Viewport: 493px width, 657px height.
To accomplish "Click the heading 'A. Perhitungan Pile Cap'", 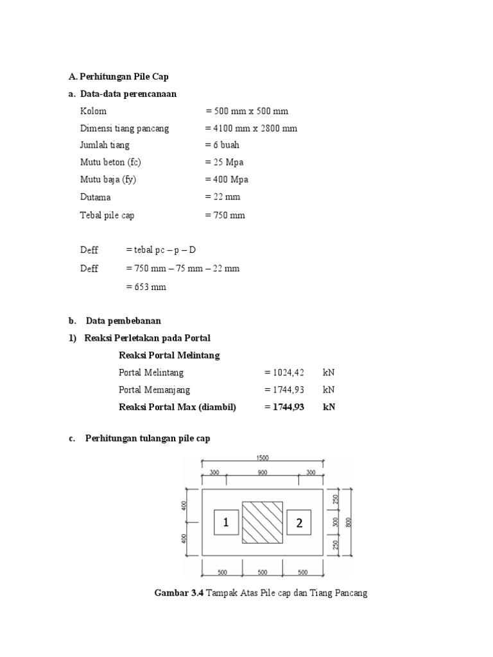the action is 118,76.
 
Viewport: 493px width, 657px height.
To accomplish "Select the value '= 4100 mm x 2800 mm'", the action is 251,128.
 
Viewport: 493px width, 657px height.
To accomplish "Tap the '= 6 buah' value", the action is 222,145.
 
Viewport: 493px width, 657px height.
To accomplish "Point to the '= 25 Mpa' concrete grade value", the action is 224,162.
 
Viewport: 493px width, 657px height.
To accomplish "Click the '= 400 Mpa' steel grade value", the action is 227,180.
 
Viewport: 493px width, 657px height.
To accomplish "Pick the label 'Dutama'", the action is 96,197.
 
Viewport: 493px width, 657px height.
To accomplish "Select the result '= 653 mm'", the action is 146,287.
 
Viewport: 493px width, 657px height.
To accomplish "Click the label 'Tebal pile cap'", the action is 107,216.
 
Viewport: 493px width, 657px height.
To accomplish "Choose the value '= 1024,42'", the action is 284,372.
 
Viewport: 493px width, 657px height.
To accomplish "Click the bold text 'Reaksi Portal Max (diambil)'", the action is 178,407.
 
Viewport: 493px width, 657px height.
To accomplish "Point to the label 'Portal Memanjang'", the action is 155,389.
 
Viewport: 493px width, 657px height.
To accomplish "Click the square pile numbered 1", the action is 226,523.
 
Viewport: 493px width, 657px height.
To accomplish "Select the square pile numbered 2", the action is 298,523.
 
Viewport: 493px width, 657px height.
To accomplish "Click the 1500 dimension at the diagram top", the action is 263,458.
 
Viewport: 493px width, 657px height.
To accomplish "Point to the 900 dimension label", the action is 263,472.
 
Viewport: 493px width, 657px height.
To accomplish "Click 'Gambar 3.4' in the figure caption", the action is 179,593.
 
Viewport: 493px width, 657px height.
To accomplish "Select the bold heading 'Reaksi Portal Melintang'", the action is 169,355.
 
